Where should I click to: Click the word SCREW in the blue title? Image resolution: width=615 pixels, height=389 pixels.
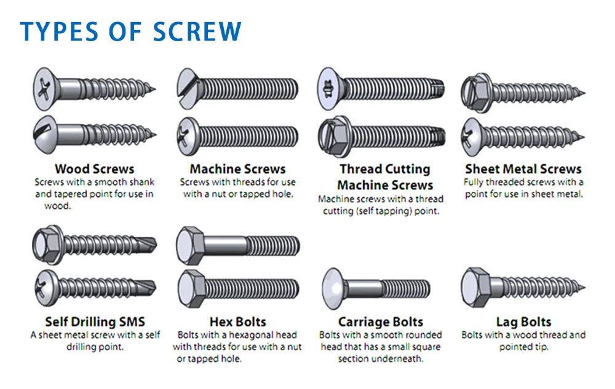pyautogui.click(x=197, y=31)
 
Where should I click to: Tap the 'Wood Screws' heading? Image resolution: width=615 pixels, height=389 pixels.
pyautogui.click(x=95, y=169)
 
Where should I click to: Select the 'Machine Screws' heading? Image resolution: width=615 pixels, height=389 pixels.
pyautogui.click(x=237, y=169)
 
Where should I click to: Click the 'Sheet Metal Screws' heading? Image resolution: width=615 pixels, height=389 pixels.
pyautogui.click(x=523, y=169)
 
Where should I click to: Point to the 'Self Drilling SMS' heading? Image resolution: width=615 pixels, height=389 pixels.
pyautogui.click(x=95, y=321)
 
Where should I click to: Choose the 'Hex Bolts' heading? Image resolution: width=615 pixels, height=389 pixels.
pyautogui.click(x=237, y=321)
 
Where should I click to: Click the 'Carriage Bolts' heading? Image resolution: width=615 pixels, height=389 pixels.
pyautogui.click(x=381, y=322)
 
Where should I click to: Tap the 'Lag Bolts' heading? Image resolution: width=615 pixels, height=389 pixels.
pyautogui.click(x=523, y=322)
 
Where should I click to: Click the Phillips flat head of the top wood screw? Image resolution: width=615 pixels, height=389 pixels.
pyautogui.click(x=46, y=89)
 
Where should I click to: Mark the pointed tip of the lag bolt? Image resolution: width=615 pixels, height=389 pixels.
pyautogui.click(x=585, y=288)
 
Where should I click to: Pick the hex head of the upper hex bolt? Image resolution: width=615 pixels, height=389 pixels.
pyautogui.click(x=191, y=246)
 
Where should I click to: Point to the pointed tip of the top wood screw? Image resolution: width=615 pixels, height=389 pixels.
pyautogui.click(x=154, y=89)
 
